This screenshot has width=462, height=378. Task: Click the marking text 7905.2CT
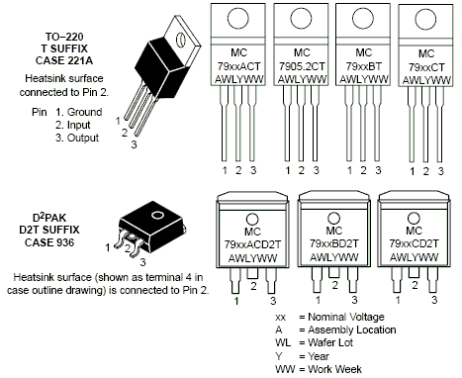[x=302, y=66]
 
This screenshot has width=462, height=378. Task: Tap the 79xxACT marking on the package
[x=238, y=66]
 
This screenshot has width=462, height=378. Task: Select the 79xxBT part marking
[x=363, y=66]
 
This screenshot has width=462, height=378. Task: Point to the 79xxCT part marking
[x=426, y=67]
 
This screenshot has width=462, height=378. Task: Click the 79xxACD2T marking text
[x=252, y=244]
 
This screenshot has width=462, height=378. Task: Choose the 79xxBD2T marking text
[x=333, y=243]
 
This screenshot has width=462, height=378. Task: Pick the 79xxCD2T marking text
[x=414, y=243]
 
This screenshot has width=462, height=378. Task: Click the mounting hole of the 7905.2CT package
[x=301, y=18]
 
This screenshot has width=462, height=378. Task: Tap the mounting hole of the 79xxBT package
[x=363, y=18]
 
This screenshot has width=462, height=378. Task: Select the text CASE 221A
[x=64, y=60]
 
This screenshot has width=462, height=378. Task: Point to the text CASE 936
[x=49, y=242]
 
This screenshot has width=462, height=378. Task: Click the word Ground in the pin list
[x=84, y=112]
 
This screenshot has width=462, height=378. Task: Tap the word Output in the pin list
[x=83, y=138]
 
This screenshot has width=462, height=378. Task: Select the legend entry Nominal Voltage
[x=346, y=317]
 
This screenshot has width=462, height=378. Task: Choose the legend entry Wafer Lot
[x=330, y=342]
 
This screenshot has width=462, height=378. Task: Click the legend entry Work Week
[x=334, y=369]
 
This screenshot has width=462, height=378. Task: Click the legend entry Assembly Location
[x=352, y=330]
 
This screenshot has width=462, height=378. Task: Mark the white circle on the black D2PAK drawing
[x=157, y=216]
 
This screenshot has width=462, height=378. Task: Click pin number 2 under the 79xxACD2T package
[x=253, y=286]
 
